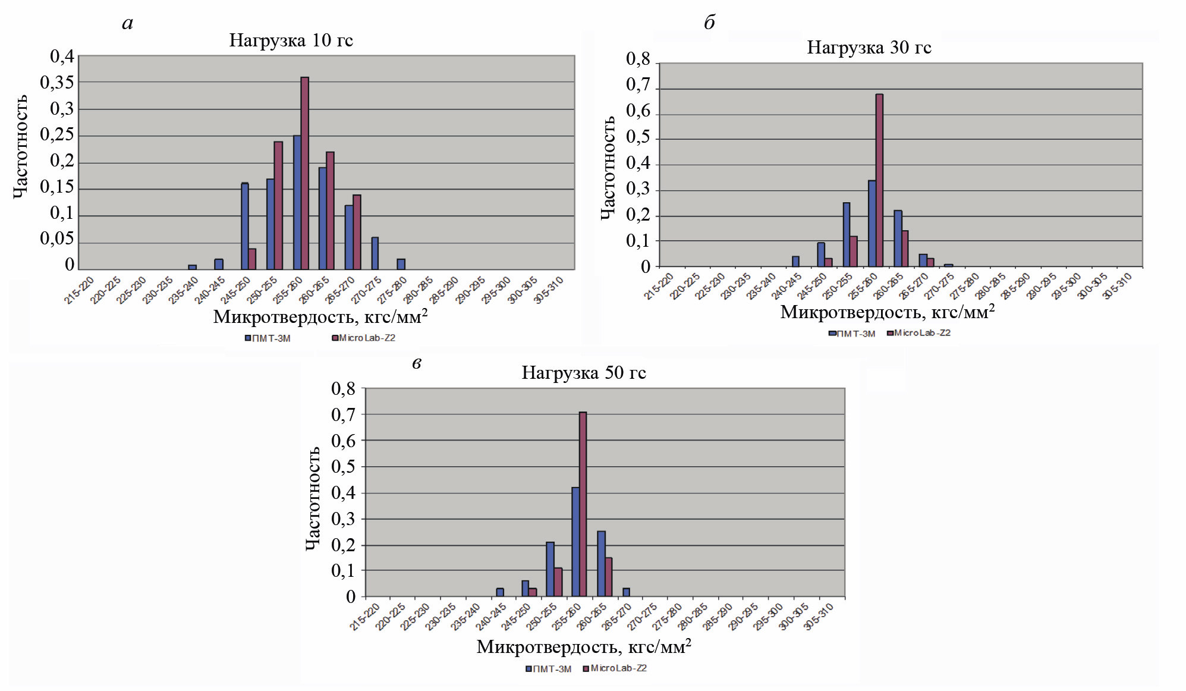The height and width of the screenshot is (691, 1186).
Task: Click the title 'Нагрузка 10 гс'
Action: [291, 40]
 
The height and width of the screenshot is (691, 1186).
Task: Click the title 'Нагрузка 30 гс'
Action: [869, 48]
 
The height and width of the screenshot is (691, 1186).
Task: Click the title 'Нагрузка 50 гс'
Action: [583, 373]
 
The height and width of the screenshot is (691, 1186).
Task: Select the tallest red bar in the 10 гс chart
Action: [304, 173]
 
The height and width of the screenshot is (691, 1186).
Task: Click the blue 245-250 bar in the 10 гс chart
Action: [244, 226]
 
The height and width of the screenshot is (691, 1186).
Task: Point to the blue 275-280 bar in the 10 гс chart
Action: [401, 264]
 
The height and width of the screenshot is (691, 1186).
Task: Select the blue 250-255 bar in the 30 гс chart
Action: [846, 234]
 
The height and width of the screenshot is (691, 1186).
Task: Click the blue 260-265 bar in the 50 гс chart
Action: [601, 563]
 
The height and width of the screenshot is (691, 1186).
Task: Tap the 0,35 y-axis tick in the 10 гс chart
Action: [57, 83]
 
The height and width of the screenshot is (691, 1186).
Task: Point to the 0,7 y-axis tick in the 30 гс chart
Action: [638, 85]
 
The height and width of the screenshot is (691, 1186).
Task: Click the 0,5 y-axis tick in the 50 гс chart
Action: [343, 467]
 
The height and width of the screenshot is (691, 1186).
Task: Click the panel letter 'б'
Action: [709, 23]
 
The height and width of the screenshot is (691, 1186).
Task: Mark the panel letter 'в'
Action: [417, 363]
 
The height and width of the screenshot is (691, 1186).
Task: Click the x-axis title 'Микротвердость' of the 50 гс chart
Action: [583, 647]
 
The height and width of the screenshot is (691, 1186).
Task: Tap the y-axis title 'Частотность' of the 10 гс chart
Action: [20, 146]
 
